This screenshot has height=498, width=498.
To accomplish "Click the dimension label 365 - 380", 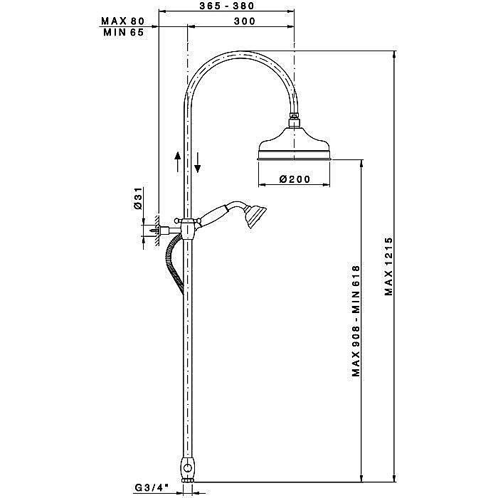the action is pyautogui.click(x=227, y=6).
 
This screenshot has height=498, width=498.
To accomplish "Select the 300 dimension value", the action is pyautogui.click(x=245, y=21).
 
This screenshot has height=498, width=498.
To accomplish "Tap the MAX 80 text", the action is pyautogui.click(x=122, y=21).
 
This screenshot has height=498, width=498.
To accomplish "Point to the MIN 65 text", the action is pyautogui.click(x=124, y=32).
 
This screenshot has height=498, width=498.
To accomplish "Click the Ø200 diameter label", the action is pyautogui.click(x=295, y=179).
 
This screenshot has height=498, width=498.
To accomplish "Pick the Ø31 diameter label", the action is pyautogui.click(x=138, y=198).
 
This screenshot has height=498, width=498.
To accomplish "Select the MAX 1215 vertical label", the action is pyautogui.click(x=388, y=266).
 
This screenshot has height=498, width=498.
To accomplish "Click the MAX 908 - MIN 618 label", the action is pyautogui.click(x=356, y=321).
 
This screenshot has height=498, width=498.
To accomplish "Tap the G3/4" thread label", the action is pyautogui.click(x=151, y=487).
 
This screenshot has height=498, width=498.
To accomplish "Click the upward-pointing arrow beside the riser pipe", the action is pyautogui.click(x=178, y=161).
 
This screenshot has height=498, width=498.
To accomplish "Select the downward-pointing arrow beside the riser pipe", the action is pyautogui.click(x=198, y=163).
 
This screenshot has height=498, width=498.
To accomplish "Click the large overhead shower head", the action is pyautogui.click(x=295, y=144).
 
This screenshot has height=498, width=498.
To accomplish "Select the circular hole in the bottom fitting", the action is pyautogui.click(x=188, y=468).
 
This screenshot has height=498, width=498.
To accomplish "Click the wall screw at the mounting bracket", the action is pyautogui.click(x=155, y=231).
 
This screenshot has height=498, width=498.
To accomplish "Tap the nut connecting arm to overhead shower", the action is pyautogui.click(x=295, y=122).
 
